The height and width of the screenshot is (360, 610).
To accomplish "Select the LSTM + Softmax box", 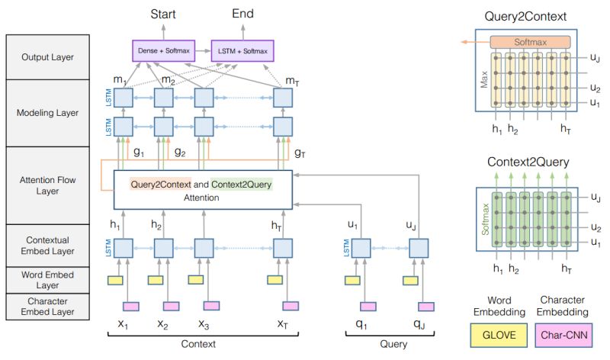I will pos(241,51).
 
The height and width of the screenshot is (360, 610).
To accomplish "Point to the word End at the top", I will pos(242,14).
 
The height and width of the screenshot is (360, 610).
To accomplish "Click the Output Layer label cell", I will pos(47,56).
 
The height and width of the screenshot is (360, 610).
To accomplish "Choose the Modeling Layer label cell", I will pos(47,112).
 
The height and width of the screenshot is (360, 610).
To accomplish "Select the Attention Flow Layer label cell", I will pos(47,185).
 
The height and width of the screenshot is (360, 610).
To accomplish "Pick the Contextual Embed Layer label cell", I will pos(47,244).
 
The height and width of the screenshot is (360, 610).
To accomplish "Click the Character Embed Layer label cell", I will pos(47,307).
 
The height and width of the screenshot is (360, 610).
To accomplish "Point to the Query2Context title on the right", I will pos(531,17).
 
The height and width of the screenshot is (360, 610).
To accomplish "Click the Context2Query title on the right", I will pos(531,162).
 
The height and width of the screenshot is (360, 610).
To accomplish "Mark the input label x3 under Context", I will pos(205,323).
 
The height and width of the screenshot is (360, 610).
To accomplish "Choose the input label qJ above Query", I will pos(419,323).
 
